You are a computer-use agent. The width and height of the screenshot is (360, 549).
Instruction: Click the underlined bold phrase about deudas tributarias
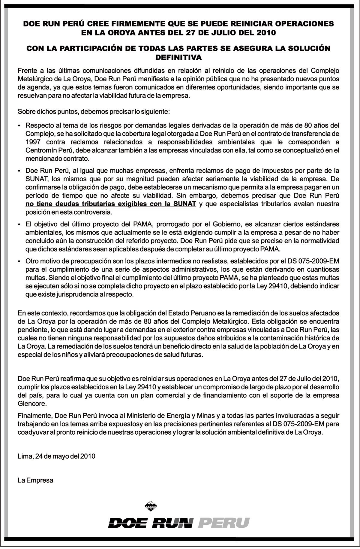[111, 204]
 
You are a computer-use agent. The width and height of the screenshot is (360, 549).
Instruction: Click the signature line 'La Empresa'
[35, 480]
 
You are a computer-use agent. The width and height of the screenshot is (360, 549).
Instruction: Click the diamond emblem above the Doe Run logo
[153, 506]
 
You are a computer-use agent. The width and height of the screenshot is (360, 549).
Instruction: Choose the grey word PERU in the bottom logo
[224, 523]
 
